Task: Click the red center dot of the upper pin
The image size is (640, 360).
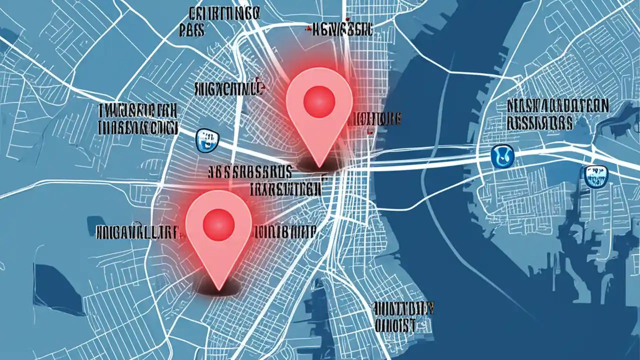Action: pos(318,102)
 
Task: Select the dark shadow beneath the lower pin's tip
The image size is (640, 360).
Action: pos(218,287)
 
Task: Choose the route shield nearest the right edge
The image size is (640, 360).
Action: pos(594,176)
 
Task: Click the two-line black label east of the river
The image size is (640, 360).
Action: pos(557,113)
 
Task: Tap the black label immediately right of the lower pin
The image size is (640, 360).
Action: pos(284,231)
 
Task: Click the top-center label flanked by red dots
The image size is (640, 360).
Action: pos(339,30)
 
